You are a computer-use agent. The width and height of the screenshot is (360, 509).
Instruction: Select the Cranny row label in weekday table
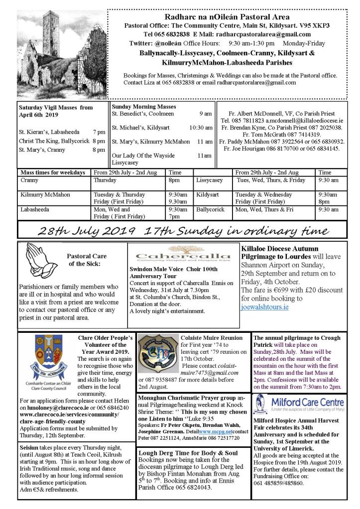pyautogui.click(x=30, y=180)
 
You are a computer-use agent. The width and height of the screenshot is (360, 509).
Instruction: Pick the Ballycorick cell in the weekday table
pyautogui.click(x=211, y=209)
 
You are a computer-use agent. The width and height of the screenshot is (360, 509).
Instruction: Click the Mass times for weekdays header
pyautogui.click(x=52, y=172)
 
